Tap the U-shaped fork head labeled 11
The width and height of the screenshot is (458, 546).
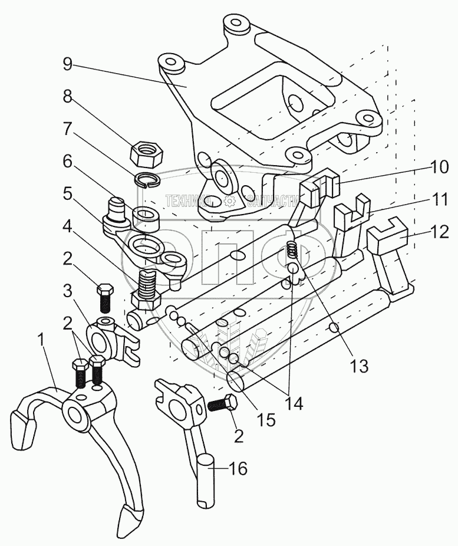pos(352,216)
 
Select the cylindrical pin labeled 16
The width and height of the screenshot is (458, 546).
pos(206,478)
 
